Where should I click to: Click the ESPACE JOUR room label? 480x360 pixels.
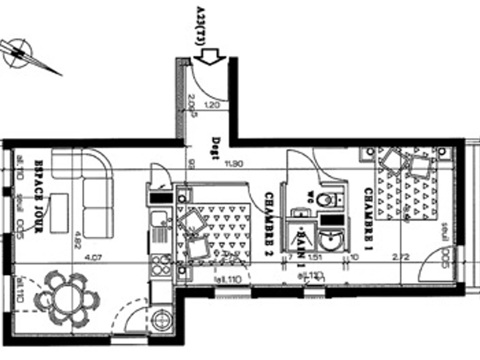click(39, 196)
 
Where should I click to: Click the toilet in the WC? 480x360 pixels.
click(325, 199)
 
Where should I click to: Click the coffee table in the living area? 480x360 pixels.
click(59, 213)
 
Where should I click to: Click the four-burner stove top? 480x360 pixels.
click(161, 264)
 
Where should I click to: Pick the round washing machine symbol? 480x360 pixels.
click(161, 320)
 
